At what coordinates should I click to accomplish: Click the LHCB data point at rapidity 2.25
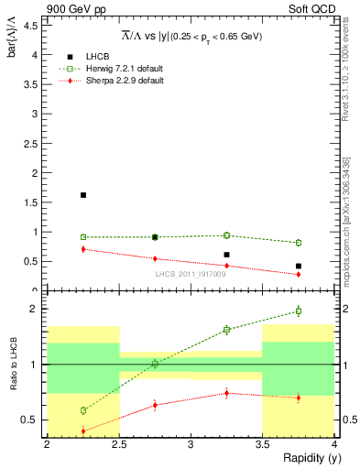[x=83, y=195]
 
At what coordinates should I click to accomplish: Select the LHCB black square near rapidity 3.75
[x=299, y=267]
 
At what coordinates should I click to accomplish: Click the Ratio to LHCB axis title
[x=14, y=365]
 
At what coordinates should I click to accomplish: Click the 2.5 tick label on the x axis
[x=118, y=444]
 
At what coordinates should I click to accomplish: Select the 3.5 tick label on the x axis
[x=262, y=444]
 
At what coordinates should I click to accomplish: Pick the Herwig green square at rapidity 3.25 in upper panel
[x=226, y=235]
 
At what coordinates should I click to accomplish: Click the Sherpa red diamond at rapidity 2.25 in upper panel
[x=83, y=249]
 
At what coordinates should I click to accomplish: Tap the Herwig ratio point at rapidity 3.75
[x=299, y=311]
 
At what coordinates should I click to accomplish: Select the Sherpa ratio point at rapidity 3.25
[x=226, y=393]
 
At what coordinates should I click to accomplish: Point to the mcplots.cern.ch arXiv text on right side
[x=348, y=229]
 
